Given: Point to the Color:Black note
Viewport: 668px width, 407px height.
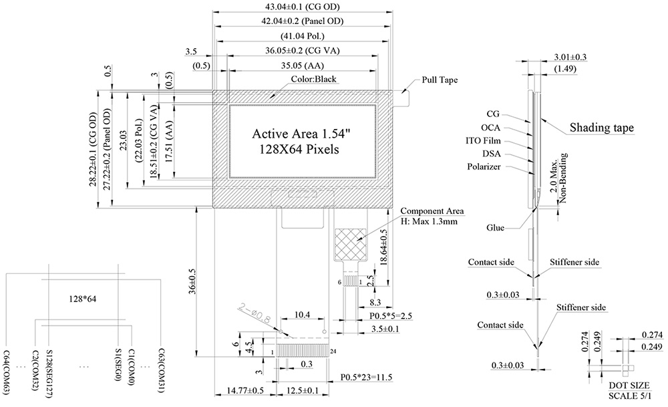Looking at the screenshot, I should click(313, 79).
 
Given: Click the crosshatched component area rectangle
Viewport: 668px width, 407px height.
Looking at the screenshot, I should click(351, 243).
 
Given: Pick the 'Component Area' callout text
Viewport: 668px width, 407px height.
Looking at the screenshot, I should click(428, 211).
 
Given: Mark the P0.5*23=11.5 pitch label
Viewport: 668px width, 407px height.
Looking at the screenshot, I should click(366, 378).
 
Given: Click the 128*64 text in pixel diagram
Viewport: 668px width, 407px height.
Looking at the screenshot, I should click(83, 299).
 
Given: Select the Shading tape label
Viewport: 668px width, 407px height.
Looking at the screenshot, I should click(601, 128).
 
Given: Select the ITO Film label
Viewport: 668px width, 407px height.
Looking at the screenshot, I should click(484, 141).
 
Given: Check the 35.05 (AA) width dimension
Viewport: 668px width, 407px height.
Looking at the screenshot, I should click(304, 66).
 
